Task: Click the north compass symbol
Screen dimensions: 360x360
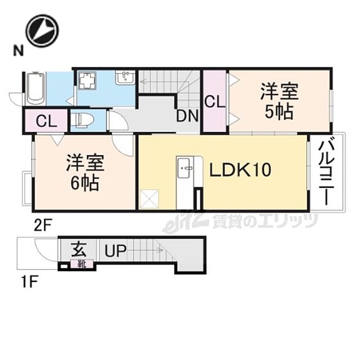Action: pyautogui.click(x=43, y=30)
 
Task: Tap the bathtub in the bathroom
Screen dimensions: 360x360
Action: pyautogui.click(x=35, y=88)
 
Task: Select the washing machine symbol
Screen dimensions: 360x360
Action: pyautogui.click(x=88, y=81)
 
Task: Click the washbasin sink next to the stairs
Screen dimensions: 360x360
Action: pyautogui.click(x=125, y=78)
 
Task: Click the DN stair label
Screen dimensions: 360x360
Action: pyautogui.click(x=187, y=116)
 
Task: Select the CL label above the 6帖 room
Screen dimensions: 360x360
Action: pyautogui.click(x=47, y=121)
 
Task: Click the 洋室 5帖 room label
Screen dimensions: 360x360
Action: pyautogui.click(x=279, y=101)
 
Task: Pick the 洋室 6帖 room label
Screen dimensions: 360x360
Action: pyautogui.click(x=85, y=173)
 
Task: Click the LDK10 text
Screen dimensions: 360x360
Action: pyautogui.click(x=240, y=170)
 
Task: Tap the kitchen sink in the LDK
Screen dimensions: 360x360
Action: pyautogui.click(x=186, y=168)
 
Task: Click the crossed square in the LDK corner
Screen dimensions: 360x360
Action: pyautogui.click(x=150, y=199)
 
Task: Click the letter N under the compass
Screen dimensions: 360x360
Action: pyautogui.click(x=19, y=50)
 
